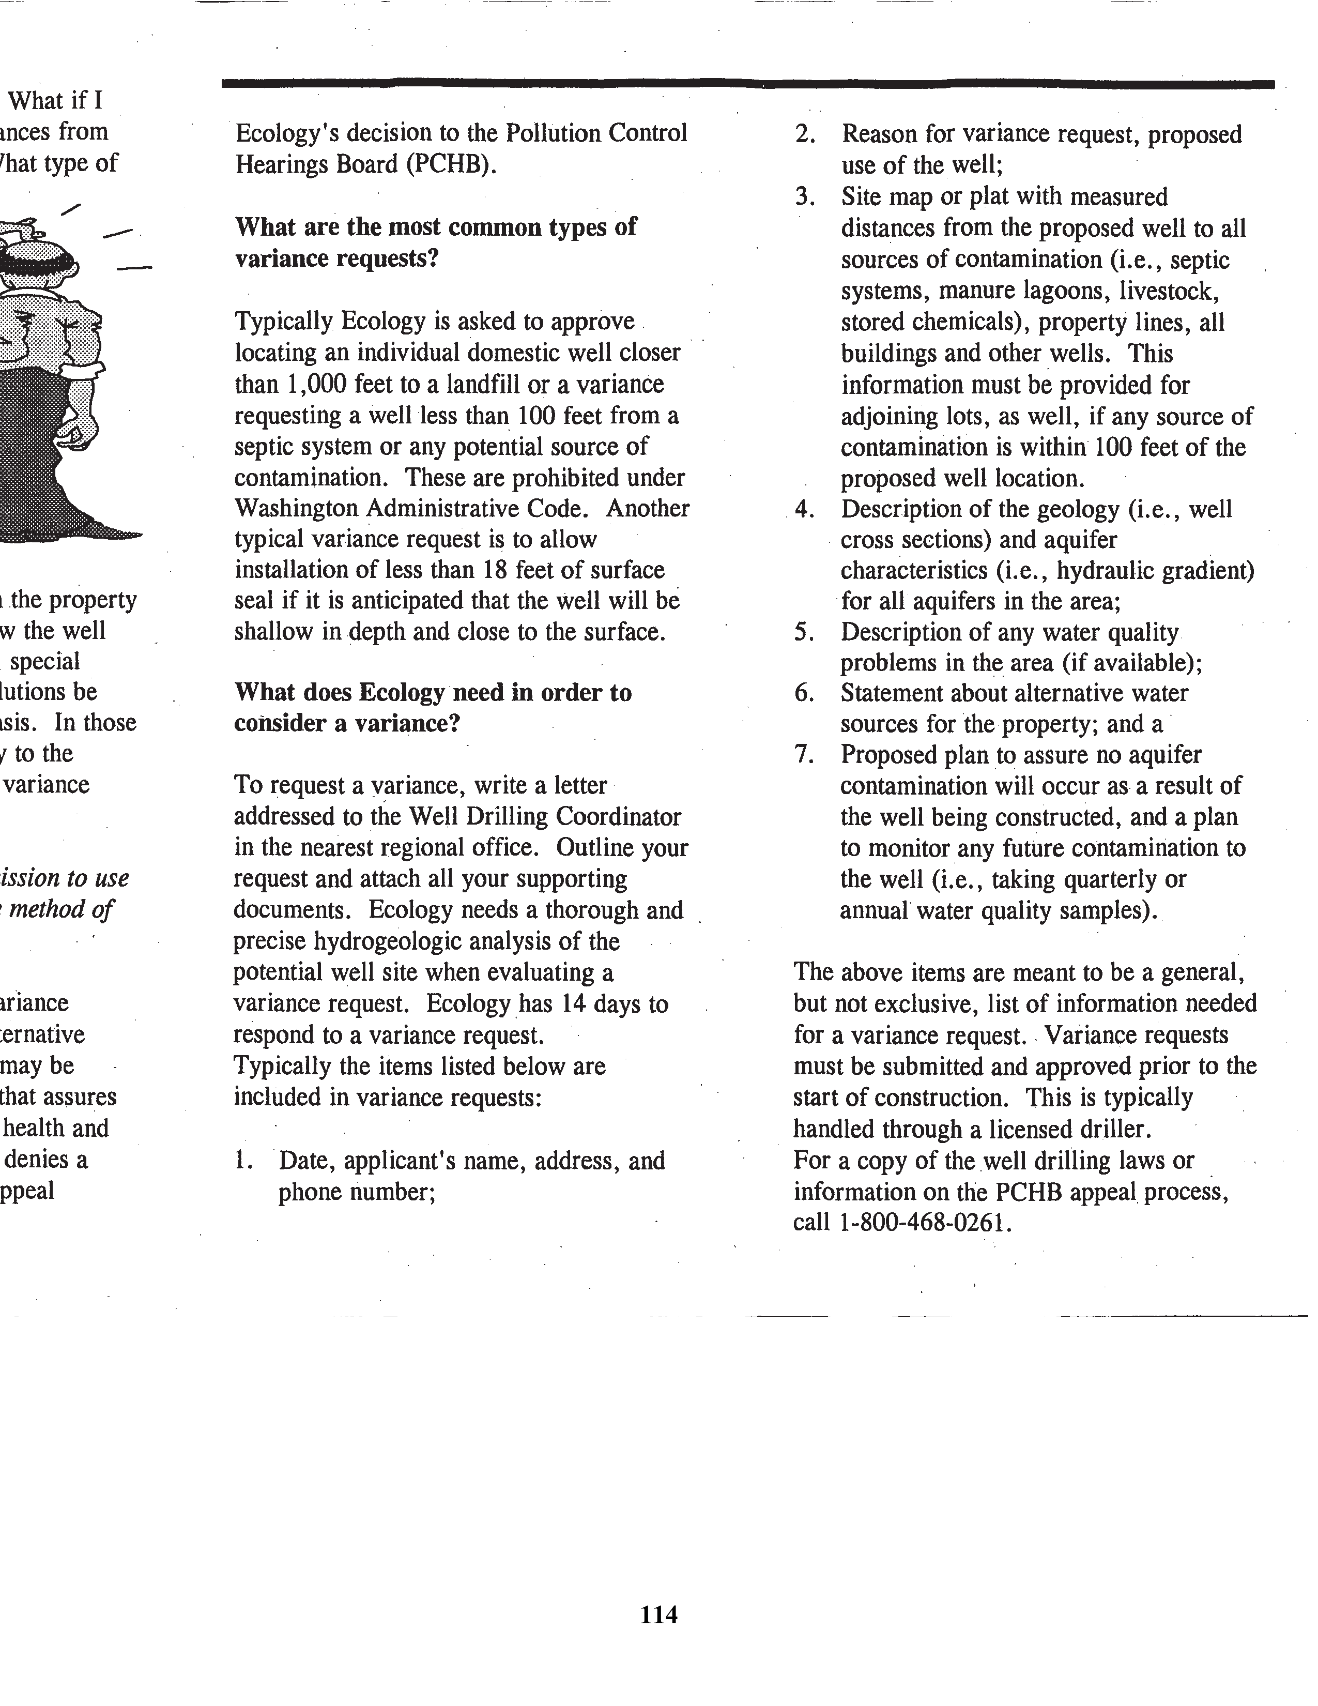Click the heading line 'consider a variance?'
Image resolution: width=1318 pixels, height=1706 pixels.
(x=347, y=723)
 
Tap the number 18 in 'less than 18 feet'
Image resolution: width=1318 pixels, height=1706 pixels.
(x=496, y=570)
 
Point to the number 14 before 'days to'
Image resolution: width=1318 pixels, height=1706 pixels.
(x=574, y=1004)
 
